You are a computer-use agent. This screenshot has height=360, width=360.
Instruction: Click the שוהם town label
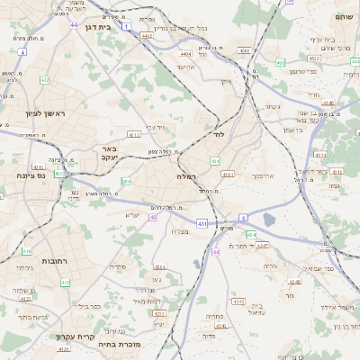pyautogui.click(x=343, y=16)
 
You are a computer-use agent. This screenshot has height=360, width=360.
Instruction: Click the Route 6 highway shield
pyautogui.click(x=243, y=218)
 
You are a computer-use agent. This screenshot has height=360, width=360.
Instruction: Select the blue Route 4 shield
pyautogui.click(x=22, y=52)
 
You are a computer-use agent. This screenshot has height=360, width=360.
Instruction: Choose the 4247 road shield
pyautogui.click(x=262, y=245)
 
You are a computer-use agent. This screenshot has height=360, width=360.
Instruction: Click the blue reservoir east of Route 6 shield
pyautogui.click(x=268, y=220)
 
